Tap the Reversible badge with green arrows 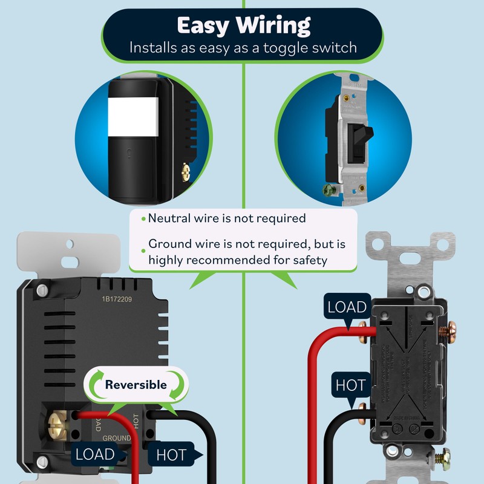point(136,385)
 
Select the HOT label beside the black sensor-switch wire point(171,454)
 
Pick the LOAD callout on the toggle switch point(347,307)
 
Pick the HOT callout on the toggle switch point(350,385)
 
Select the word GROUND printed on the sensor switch point(116,438)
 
